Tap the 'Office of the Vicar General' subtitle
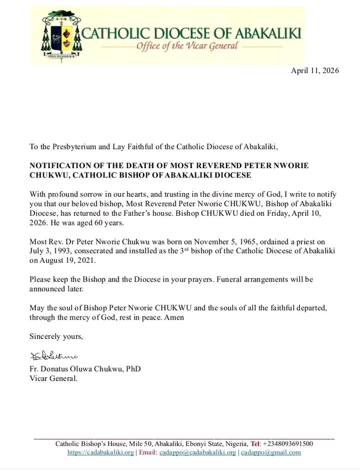(x=186, y=45)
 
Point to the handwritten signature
(x=54, y=356)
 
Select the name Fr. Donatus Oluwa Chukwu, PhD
(x=85, y=369)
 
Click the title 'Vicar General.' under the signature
(x=53, y=378)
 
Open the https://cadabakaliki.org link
(x=101, y=452)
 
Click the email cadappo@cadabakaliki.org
(x=198, y=452)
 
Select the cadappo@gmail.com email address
(x=271, y=452)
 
